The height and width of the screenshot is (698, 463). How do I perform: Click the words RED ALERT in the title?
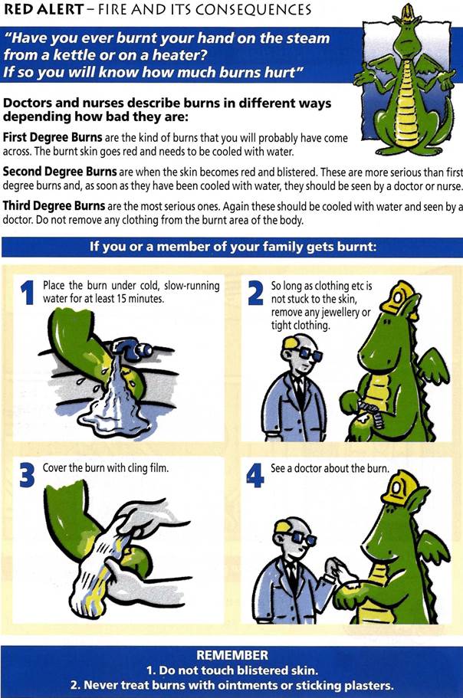click(43, 9)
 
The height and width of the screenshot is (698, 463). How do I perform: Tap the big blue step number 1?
click(28, 293)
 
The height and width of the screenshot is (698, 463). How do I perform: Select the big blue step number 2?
click(255, 293)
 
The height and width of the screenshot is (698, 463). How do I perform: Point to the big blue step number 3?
click(27, 476)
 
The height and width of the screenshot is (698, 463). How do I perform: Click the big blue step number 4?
click(255, 476)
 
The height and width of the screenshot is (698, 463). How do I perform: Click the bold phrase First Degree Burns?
click(53, 137)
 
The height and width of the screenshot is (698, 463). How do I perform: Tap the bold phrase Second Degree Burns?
click(60, 172)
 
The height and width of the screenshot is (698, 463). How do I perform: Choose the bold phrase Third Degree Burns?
click(54, 205)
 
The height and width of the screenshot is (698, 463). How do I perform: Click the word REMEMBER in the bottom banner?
click(232, 655)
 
